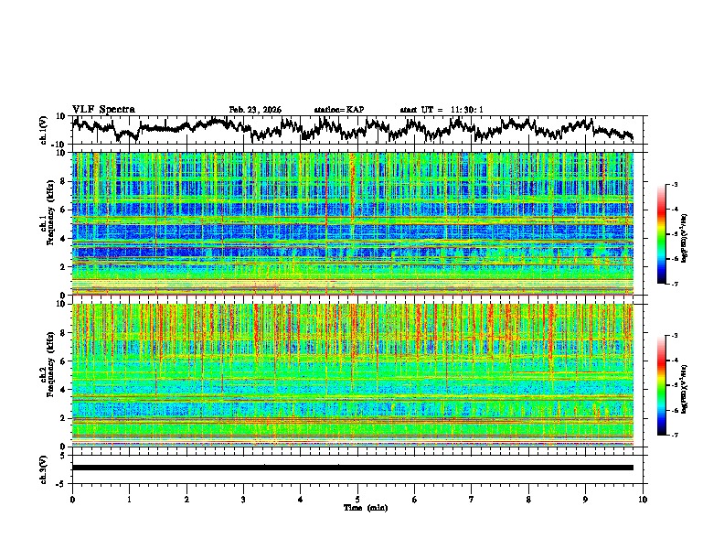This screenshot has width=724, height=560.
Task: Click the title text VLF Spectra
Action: click(x=103, y=109)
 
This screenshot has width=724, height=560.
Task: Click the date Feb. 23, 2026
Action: click(x=255, y=110)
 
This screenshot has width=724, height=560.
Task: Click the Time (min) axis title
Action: click(x=357, y=508)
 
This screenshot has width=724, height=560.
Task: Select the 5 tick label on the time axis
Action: click(x=357, y=500)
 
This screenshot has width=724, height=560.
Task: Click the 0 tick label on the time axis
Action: click(x=72, y=500)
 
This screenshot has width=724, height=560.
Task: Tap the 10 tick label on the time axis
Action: click(x=643, y=500)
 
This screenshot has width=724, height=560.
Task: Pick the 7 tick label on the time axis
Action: click(x=472, y=500)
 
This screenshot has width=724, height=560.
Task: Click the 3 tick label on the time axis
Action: click(x=243, y=500)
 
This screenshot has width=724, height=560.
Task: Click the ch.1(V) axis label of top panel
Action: click(x=44, y=130)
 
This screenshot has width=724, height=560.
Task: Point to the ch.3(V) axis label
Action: click(x=44, y=468)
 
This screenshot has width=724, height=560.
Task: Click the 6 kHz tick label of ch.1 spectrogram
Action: click(x=62, y=210)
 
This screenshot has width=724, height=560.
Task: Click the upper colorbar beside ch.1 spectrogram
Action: click(x=662, y=234)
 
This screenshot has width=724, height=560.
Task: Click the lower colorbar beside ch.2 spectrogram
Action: click(x=662, y=385)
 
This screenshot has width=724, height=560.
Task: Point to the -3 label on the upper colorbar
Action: click(x=674, y=185)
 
